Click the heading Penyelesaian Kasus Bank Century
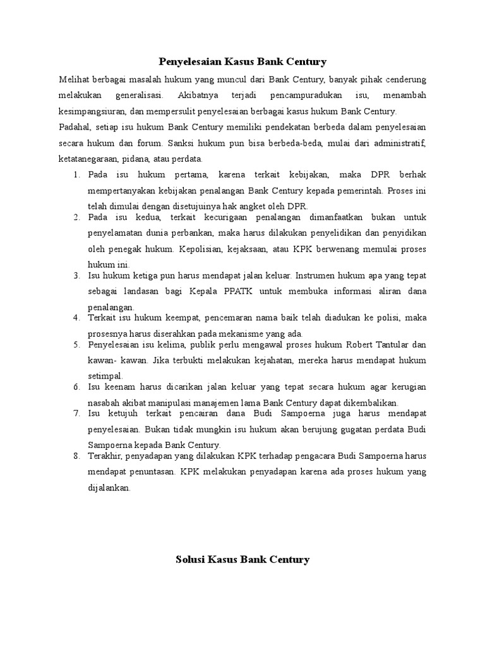coord(242,62)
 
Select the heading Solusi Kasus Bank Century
coord(242,559)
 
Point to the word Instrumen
coord(317,276)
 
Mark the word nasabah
coord(104,402)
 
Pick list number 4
coord(76,317)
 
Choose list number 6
coord(76,387)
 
